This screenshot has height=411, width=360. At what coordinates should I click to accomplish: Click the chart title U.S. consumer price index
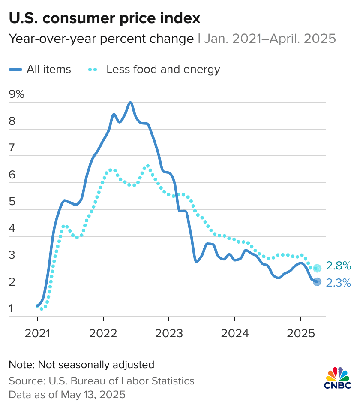105,18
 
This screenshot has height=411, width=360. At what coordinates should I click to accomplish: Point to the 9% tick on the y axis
17,95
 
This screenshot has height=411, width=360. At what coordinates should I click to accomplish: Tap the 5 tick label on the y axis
12,202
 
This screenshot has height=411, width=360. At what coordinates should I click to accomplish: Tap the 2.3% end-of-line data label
339,283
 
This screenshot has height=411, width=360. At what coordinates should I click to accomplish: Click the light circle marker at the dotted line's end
317,269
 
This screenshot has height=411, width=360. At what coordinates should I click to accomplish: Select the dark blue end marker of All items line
317,282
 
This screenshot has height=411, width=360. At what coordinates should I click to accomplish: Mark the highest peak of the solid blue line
130,103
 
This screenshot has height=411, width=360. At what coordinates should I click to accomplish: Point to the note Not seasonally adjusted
81,365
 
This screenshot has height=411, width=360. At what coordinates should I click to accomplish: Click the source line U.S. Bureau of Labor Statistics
101,381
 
